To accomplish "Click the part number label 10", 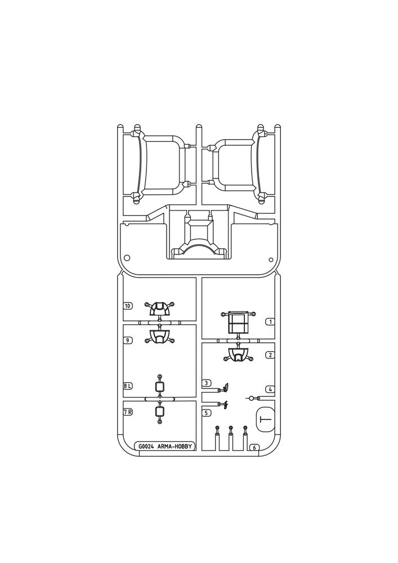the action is (127, 306).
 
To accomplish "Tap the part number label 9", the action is (127, 340).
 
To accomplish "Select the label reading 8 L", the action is (127, 386).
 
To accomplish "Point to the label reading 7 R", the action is (127, 412).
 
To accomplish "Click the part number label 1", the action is (270, 321).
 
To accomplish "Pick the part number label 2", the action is (270, 355).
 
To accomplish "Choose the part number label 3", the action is (207, 383).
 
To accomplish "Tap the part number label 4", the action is (270, 389).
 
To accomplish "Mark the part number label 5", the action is (207, 413).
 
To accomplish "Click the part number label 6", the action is (254, 448).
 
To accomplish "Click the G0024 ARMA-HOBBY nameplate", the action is (166, 446).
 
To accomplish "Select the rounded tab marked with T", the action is (266, 419).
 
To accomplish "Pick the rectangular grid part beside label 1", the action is (238, 321).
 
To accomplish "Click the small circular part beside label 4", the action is (253, 398).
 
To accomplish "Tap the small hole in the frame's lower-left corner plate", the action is (126, 257).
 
